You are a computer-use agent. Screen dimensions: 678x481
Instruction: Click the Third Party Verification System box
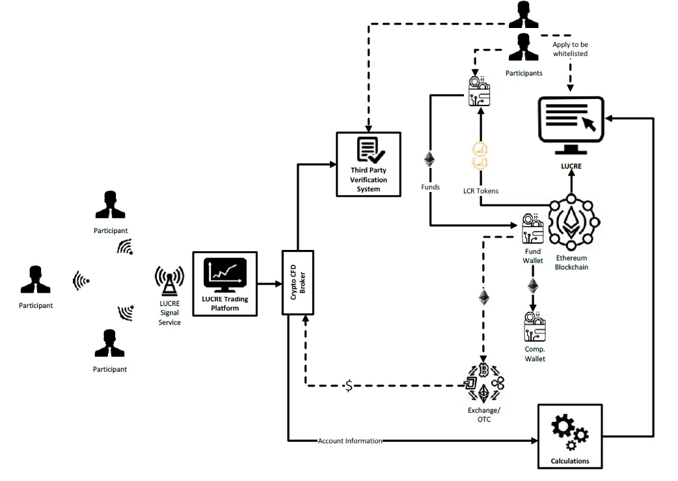(x=368, y=165)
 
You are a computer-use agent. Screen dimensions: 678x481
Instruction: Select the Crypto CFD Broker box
(x=298, y=282)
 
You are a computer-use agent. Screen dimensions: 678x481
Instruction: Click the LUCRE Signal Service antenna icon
(x=169, y=281)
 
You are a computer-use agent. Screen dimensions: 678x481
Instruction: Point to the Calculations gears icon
(x=569, y=432)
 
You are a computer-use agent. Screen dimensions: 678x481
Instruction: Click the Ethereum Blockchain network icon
(x=571, y=223)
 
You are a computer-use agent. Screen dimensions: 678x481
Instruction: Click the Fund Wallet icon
(x=533, y=229)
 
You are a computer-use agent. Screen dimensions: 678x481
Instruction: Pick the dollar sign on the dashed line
(x=349, y=385)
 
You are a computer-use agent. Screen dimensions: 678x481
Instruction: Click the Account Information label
(x=350, y=441)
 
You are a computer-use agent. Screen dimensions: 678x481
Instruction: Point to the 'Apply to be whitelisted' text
(x=571, y=49)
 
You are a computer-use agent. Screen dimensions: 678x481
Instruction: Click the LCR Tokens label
(x=481, y=191)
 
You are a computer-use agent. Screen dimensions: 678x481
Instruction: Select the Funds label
(x=430, y=187)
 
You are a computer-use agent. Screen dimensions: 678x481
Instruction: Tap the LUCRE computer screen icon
(x=571, y=126)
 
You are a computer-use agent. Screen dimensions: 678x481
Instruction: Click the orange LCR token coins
(x=480, y=156)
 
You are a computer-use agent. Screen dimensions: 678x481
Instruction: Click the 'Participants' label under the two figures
(x=524, y=73)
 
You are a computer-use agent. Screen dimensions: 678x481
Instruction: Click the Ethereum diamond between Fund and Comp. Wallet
(x=533, y=286)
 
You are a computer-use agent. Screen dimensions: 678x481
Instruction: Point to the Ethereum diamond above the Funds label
(x=429, y=159)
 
